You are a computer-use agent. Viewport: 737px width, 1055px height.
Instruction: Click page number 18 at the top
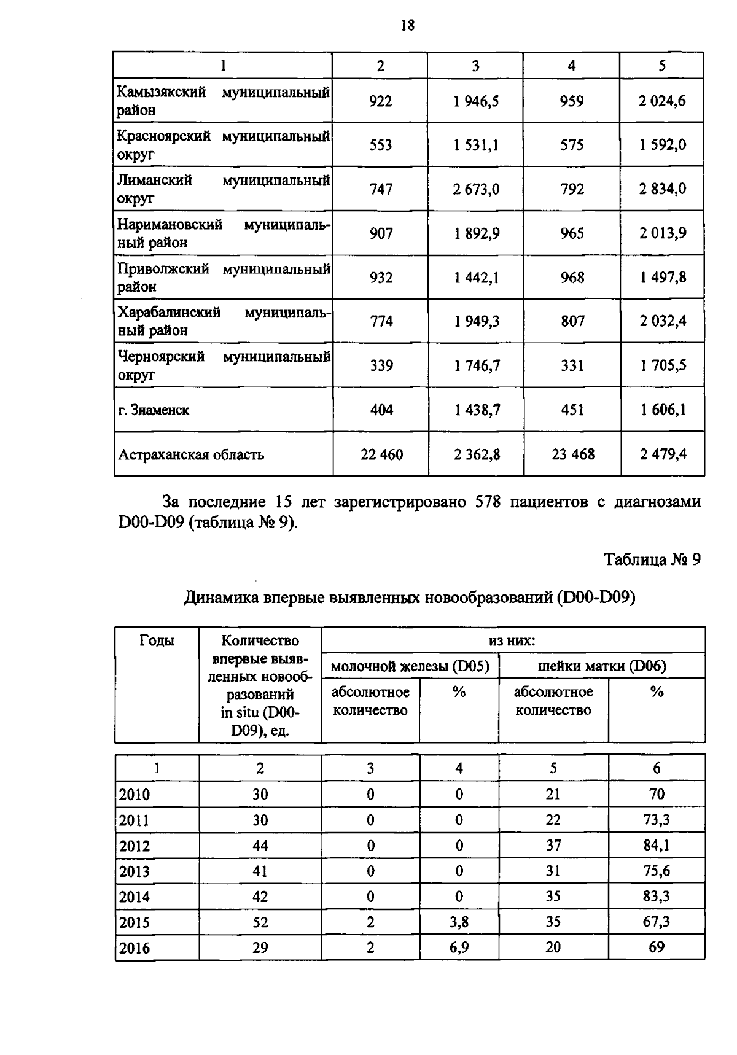pyautogui.click(x=407, y=25)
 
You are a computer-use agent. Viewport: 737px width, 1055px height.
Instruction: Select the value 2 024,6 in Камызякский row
pyautogui.click(x=661, y=101)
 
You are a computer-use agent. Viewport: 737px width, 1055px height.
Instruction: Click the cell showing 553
pyautogui.click(x=381, y=145)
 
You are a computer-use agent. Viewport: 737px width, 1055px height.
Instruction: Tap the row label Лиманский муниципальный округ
pyautogui.click(x=223, y=189)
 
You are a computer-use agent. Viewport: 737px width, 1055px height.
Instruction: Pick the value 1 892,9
pyautogui.click(x=476, y=233)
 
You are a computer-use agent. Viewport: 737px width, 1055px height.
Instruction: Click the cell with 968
pyautogui.click(x=572, y=278)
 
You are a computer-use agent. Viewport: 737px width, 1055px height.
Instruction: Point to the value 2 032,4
pyautogui.click(x=662, y=321)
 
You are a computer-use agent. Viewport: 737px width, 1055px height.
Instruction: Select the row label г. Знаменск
pyautogui.click(x=154, y=410)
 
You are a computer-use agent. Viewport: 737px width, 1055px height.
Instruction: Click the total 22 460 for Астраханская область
pyautogui.click(x=381, y=454)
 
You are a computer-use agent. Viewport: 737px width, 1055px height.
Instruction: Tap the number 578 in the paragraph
pyautogui.click(x=488, y=502)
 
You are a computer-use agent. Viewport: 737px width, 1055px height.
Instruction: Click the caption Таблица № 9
pyautogui.click(x=652, y=559)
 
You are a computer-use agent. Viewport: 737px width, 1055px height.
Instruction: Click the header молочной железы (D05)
pyautogui.click(x=410, y=666)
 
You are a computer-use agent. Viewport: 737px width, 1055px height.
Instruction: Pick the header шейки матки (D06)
pyautogui.click(x=601, y=666)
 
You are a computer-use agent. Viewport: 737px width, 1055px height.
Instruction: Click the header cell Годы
pyautogui.click(x=157, y=641)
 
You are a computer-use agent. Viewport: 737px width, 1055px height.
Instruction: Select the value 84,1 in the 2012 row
pyautogui.click(x=656, y=846)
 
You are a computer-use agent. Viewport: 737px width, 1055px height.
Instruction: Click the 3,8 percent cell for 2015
pyautogui.click(x=459, y=922)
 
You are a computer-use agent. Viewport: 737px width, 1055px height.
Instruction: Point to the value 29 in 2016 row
pyautogui.click(x=260, y=948)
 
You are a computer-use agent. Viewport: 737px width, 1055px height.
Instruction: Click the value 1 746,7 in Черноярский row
pyautogui.click(x=477, y=365)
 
